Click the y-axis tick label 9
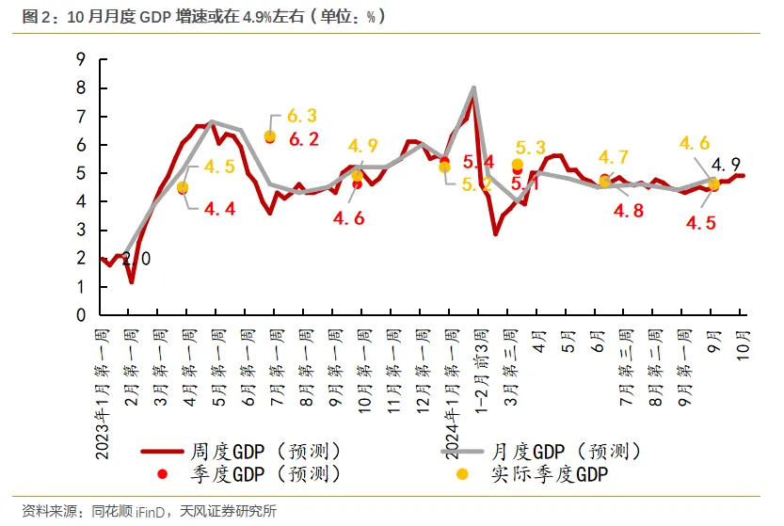click(81, 59)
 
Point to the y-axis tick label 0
click(81, 315)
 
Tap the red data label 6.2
click(303, 139)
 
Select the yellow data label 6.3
click(301, 116)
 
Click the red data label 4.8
click(629, 211)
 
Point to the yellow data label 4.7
click(613, 156)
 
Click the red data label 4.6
click(348, 217)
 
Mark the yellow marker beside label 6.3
click(270, 136)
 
